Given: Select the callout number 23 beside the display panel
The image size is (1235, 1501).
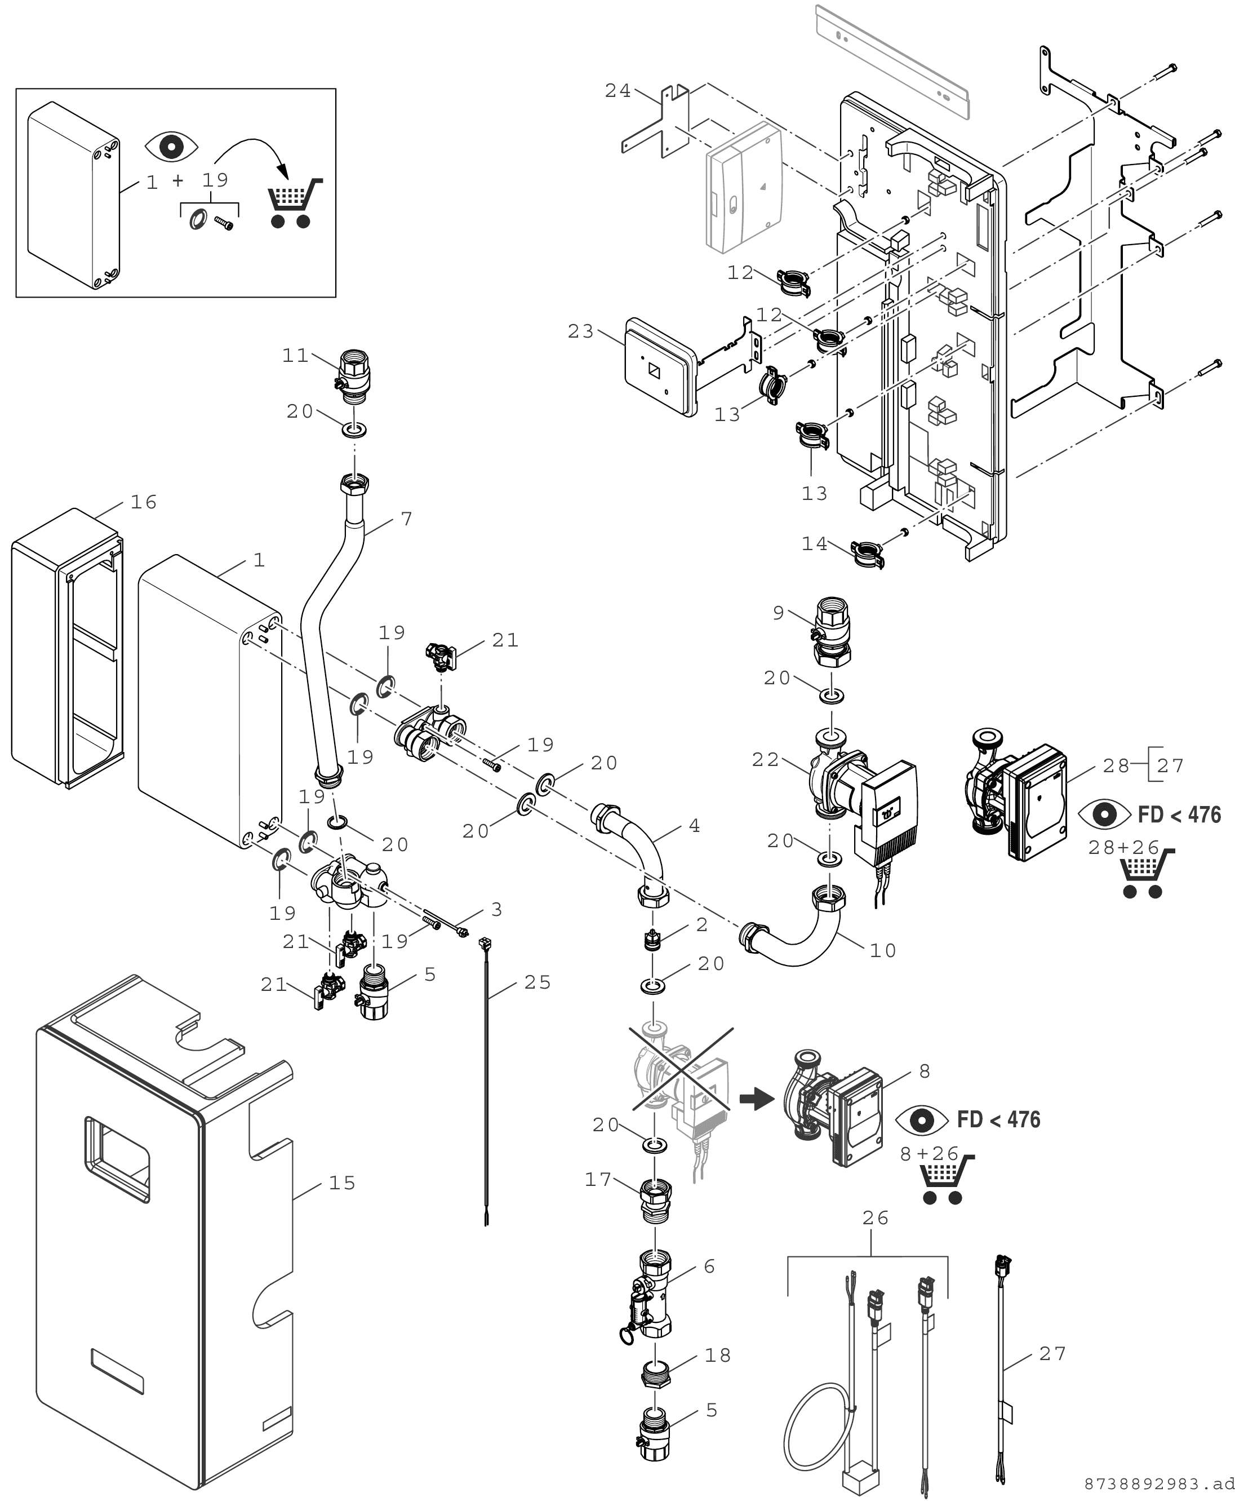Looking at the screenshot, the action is [580, 331].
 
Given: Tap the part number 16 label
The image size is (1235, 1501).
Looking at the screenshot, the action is [144, 502].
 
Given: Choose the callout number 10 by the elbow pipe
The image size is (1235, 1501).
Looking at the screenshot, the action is [883, 950].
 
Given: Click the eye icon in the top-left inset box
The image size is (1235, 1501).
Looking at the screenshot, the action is [171, 146].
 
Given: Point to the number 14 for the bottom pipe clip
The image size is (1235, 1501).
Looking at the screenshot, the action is [815, 544].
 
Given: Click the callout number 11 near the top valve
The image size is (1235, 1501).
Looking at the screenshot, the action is [295, 355].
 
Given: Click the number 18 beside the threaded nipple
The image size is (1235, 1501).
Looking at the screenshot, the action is [718, 1355].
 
